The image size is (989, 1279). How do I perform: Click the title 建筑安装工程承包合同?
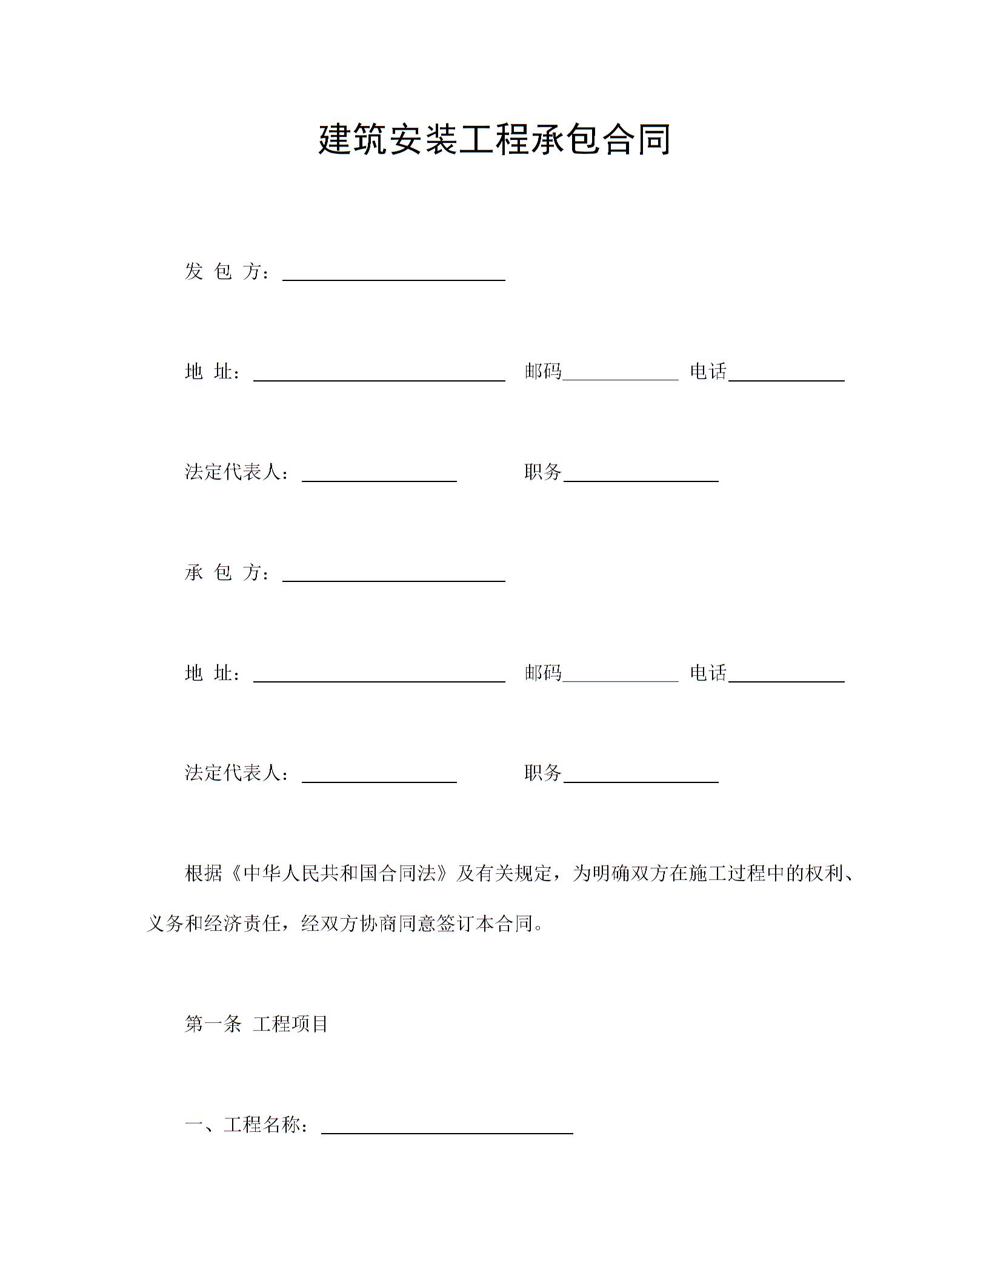(494, 140)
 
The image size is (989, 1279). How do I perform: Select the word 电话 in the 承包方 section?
(708, 673)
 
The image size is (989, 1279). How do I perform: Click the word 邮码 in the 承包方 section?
(543, 673)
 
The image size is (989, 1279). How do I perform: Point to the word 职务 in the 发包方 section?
(543, 472)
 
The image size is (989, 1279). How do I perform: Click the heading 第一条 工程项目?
(256, 1024)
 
